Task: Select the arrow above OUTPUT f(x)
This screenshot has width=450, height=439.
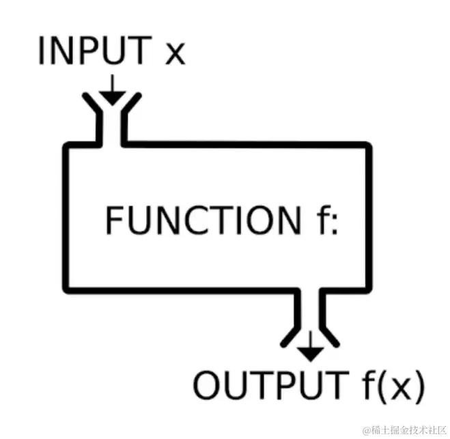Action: tap(311, 347)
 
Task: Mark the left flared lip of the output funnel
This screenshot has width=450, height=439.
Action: tap(290, 336)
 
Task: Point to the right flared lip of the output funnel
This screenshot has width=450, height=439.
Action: tap(332, 336)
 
